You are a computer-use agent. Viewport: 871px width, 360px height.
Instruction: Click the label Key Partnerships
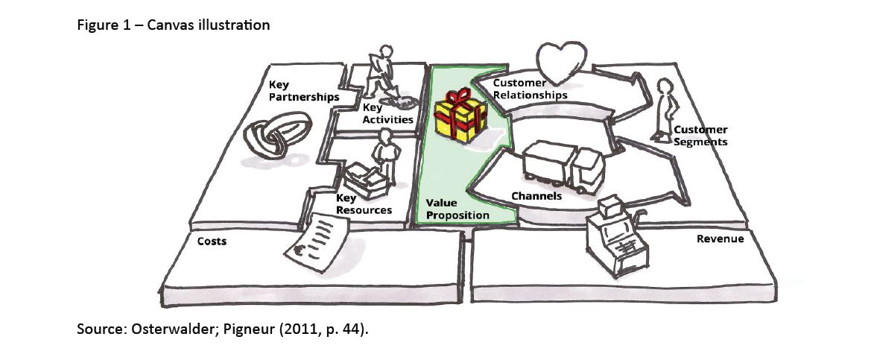tap(303, 91)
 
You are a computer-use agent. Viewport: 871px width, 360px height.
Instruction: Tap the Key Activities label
tap(387, 114)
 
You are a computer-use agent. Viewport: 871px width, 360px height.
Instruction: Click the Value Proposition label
tap(457, 209)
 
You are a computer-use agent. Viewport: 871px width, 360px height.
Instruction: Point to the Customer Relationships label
tap(530, 89)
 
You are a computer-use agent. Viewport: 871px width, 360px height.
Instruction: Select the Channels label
tap(536, 196)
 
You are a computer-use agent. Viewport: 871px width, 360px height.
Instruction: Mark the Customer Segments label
tap(700, 136)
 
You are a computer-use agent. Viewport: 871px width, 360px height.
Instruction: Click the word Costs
tap(211, 241)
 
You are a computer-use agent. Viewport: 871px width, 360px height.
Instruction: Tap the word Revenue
tap(720, 239)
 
